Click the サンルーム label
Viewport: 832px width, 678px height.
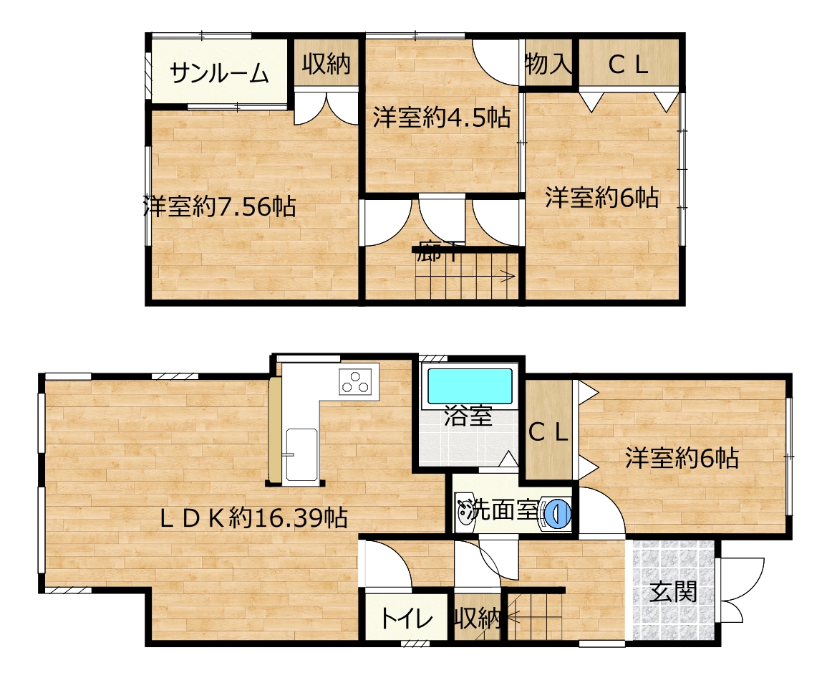220,73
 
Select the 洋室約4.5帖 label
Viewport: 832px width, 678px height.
442,118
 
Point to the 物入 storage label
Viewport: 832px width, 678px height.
548,65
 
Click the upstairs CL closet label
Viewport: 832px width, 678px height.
628,65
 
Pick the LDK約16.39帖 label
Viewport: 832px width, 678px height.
254,517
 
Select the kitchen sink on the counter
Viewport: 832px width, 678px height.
301,454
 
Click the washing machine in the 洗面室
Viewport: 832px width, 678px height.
555,514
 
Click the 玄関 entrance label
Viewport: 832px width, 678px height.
673,592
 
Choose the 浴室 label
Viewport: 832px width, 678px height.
468,416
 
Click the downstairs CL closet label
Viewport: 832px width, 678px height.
548,433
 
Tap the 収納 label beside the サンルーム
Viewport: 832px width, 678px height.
326,64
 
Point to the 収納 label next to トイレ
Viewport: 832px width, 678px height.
478,619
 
